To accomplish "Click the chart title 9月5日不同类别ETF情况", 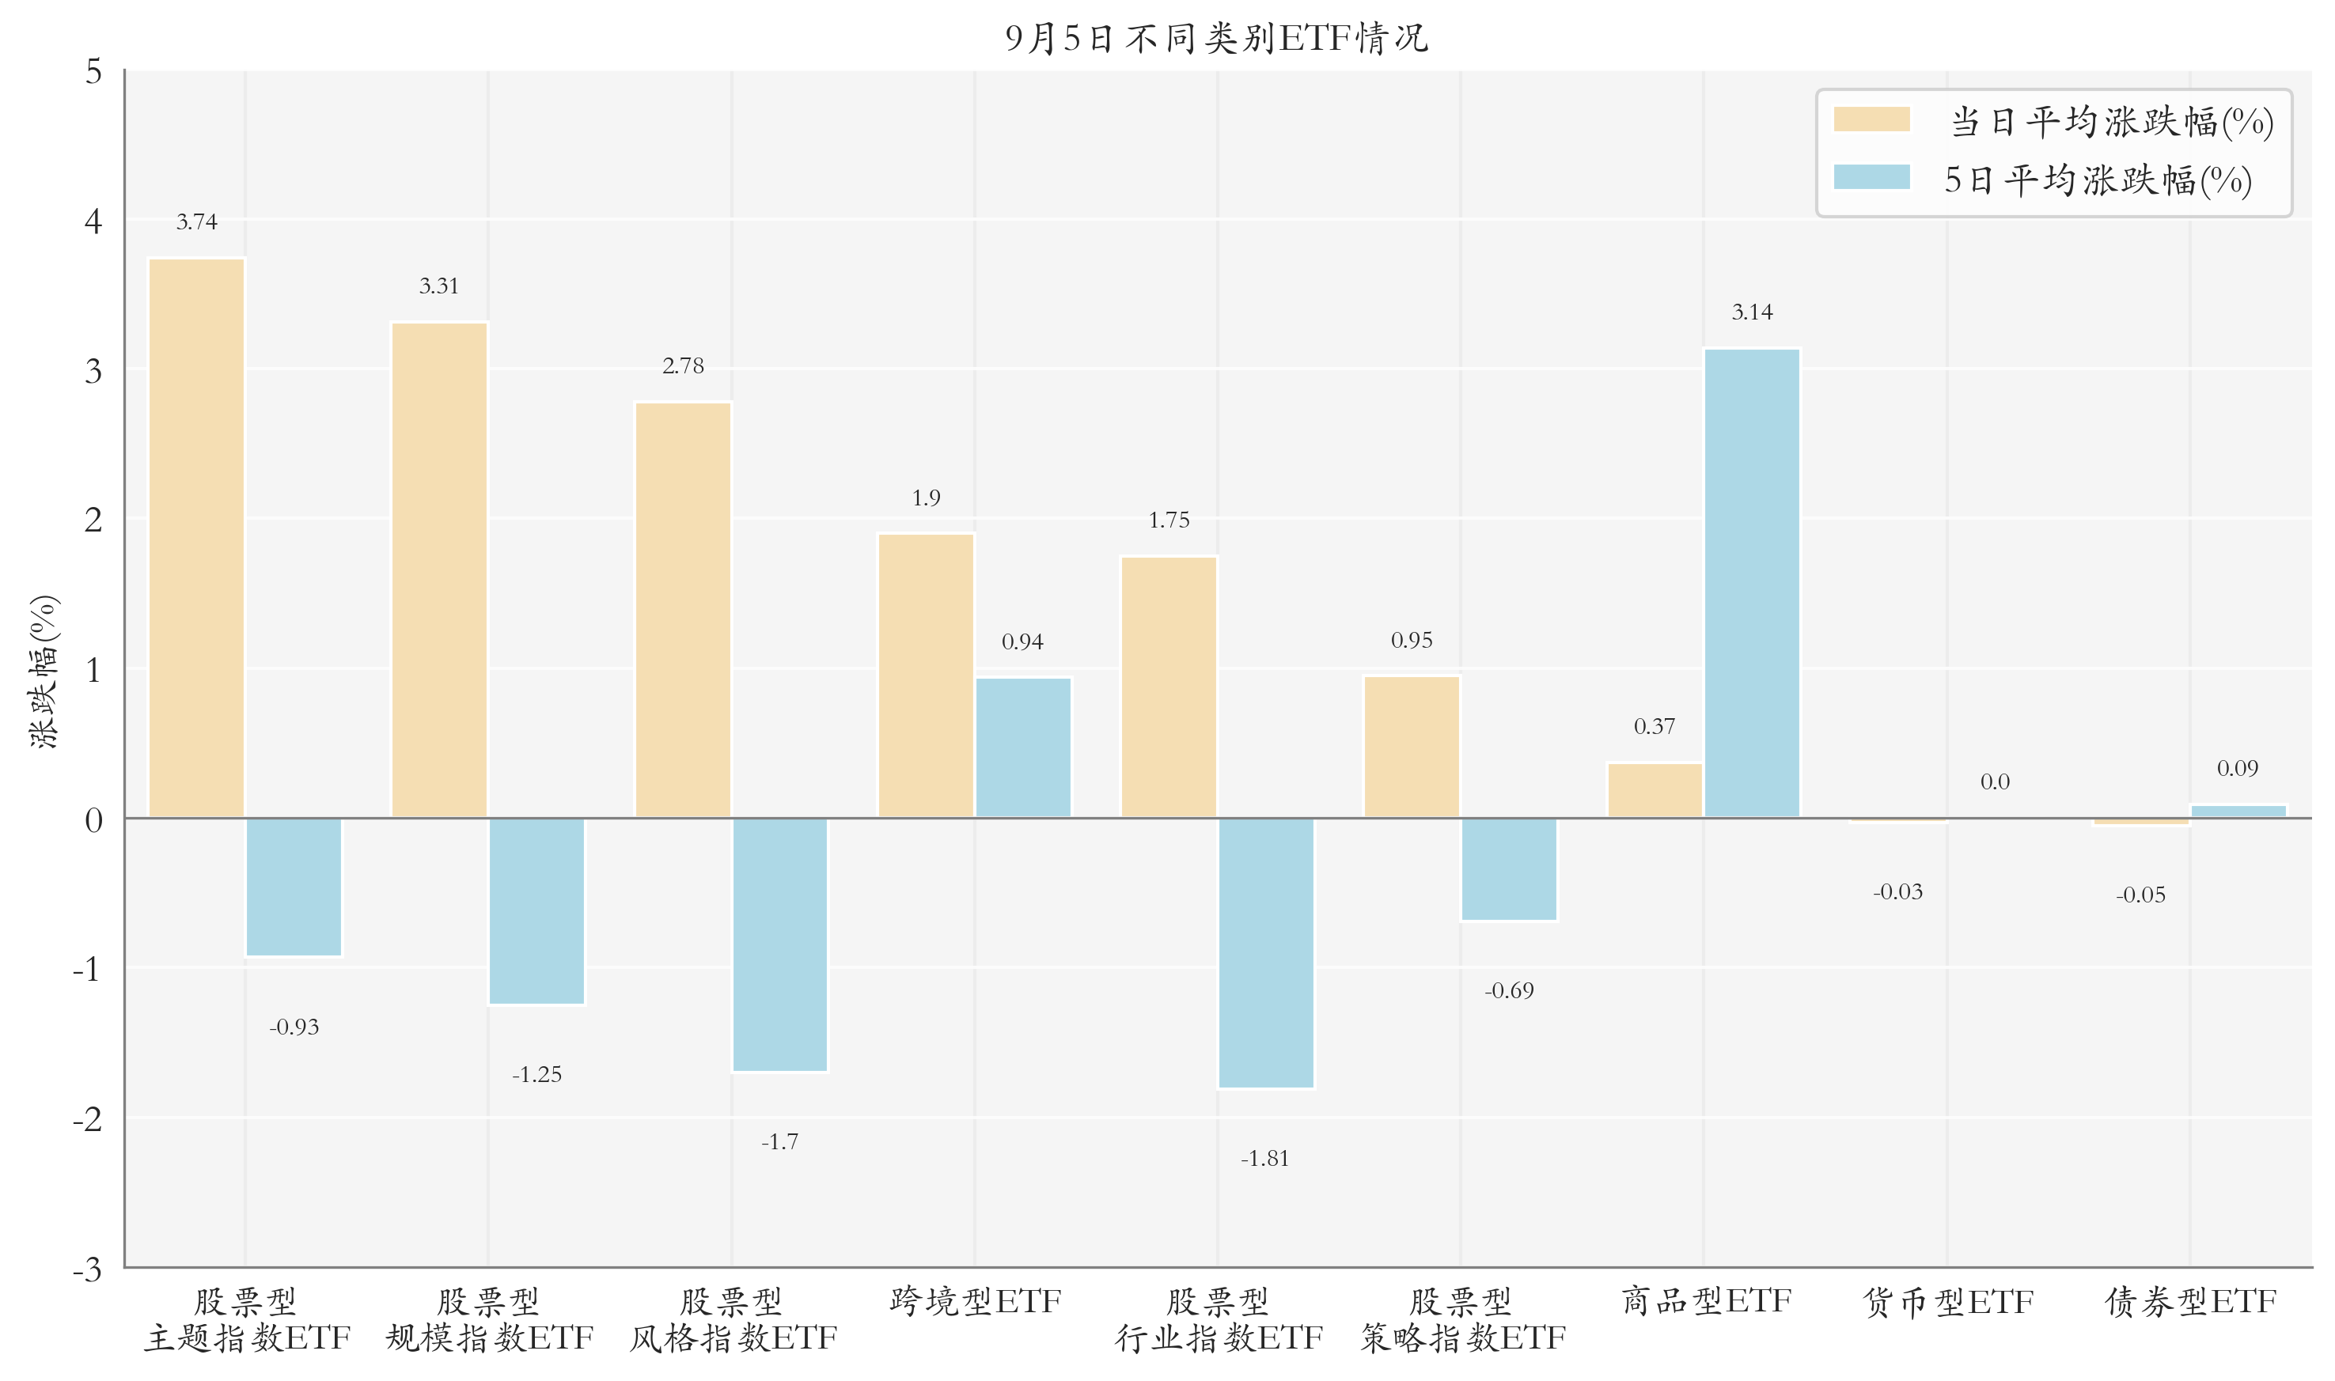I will pyautogui.click(x=1216, y=38).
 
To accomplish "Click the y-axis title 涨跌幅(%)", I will pyautogui.click(x=43, y=671).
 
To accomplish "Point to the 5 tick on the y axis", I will pyautogui.click(x=93, y=72).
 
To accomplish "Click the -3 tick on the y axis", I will pyautogui.click(x=88, y=1269).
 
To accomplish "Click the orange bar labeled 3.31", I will pyautogui.click(x=439, y=569).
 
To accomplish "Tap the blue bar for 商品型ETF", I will pyautogui.click(x=1752, y=584).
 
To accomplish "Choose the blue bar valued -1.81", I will pyautogui.click(x=1266, y=953).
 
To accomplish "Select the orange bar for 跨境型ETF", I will pyautogui.click(x=926, y=675).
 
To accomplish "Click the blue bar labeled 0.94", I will pyautogui.click(x=1023, y=747).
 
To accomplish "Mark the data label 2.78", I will pyautogui.click(x=683, y=365).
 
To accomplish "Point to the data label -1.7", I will pyautogui.click(x=780, y=1142).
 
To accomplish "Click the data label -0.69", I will pyautogui.click(x=1509, y=991).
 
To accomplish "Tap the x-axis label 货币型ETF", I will pyautogui.click(x=1948, y=1302).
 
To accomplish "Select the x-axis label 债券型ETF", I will pyautogui.click(x=2191, y=1302).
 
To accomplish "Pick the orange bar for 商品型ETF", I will pyautogui.click(x=1655, y=790).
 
